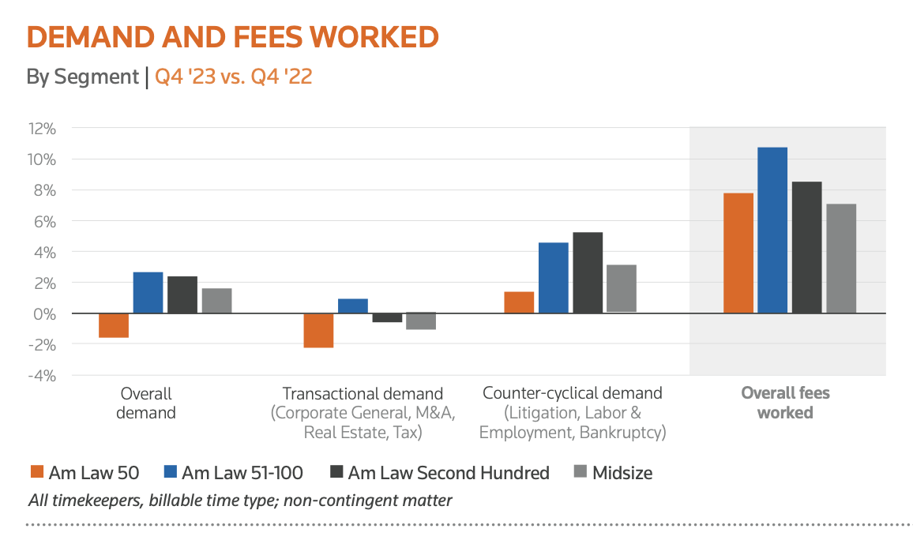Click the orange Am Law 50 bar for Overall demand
[114, 325]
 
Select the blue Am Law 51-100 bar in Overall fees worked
[772, 230]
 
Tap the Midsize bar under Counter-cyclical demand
[622, 288]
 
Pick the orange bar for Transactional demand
[318, 330]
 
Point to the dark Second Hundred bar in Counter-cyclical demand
[588, 272]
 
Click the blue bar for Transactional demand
[353, 306]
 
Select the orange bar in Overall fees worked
[738, 253]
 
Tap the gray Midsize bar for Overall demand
[216, 301]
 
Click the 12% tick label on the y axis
[42, 128]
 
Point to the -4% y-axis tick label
[42, 375]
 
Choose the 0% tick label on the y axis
[45, 313]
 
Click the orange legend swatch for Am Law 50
[36, 473]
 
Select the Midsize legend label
[623, 473]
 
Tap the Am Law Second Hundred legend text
[448, 473]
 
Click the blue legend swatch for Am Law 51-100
[170, 473]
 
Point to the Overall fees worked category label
[785, 403]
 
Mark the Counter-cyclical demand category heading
[573, 393]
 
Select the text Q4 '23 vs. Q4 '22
[233, 77]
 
